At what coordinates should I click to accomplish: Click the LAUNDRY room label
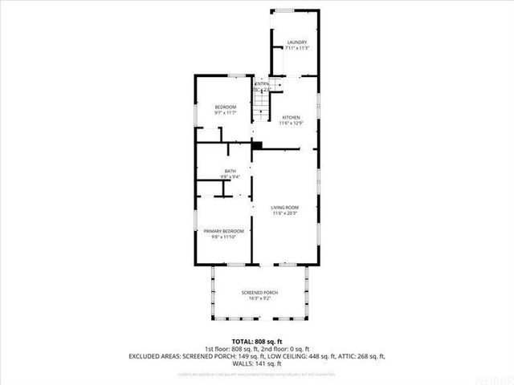(x=296, y=42)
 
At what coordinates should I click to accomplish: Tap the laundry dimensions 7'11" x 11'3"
(x=296, y=48)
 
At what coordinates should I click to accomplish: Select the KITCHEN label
(x=290, y=117)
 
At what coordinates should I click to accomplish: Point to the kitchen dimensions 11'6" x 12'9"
(x=290, y=124)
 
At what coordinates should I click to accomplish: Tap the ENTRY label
(x=262, y=83)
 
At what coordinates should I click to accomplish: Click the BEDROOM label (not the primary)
(x=225, y=107)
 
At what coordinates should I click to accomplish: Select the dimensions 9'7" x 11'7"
(x=225, y=114)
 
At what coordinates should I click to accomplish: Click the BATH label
(x=230, y=170)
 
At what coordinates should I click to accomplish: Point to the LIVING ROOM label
(x=285, y=207)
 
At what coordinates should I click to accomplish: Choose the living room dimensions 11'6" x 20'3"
(x=285, y=213)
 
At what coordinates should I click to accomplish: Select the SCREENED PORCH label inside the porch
(x=259, y=293)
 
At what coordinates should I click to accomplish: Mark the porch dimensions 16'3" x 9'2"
(x=259, y=299)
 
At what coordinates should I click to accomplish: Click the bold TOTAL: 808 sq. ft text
(x=256, y=342)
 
